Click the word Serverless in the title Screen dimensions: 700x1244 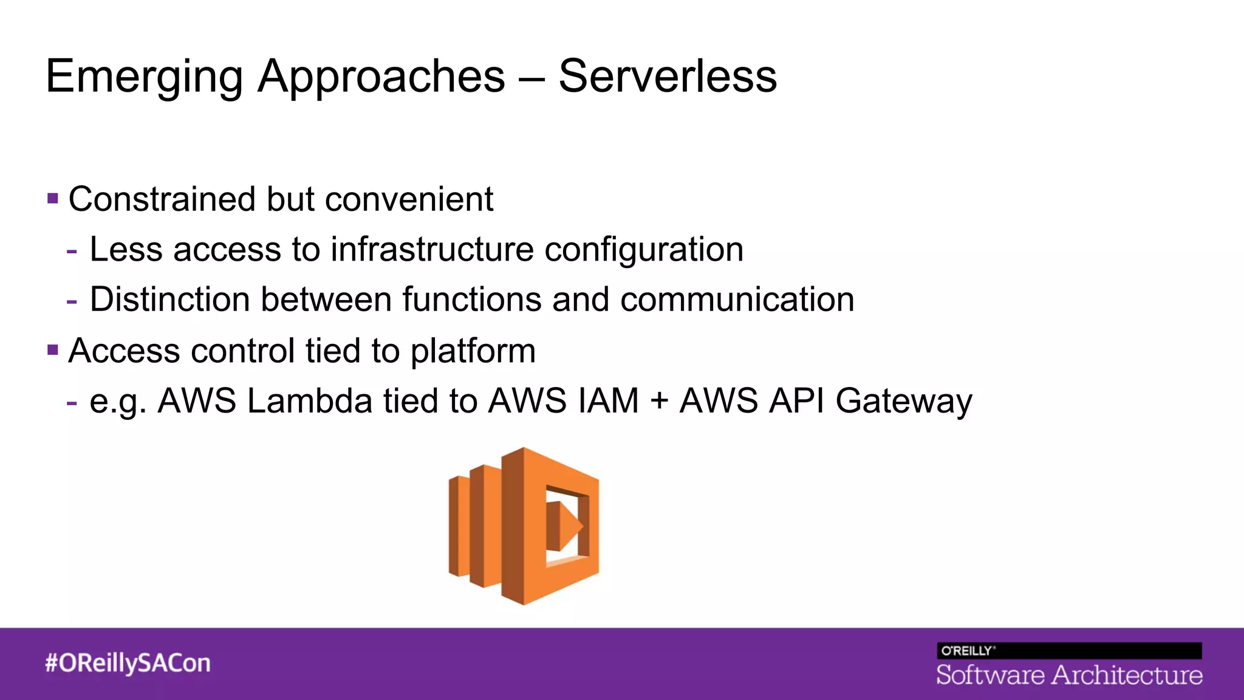point(667,77)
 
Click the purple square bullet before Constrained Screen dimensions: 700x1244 point(53,198)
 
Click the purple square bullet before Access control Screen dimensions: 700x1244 point(53,350)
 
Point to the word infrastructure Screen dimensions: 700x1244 point(432,249)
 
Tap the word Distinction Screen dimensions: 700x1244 point(170,300)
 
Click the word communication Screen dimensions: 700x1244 point(737,300)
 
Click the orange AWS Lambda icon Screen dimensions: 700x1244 point(524,526)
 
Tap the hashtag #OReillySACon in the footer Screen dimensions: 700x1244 point(128,663)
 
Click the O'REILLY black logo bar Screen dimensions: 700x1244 point(1068,651)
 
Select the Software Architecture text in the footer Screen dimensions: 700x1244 point(1068,675)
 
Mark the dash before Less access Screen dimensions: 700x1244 point(72,250)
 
